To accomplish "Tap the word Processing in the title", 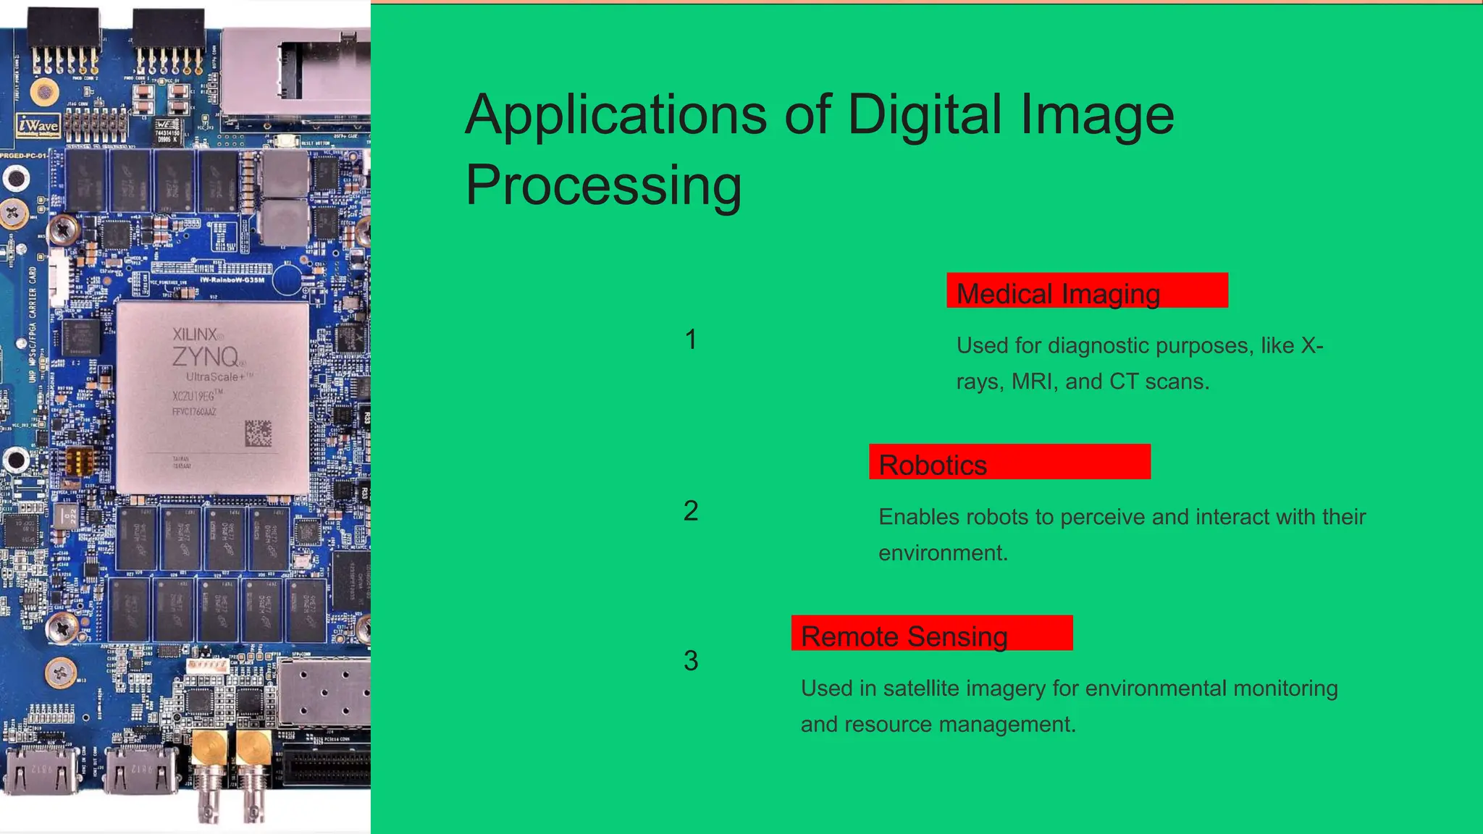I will point(603,185).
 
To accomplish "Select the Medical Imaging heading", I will point(1058,294).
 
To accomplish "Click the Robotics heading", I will point(933,465).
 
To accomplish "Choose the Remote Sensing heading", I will point(904,636).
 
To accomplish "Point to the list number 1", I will point(691,340).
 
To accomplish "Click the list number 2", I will point(691,511).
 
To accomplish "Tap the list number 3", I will point(691,660).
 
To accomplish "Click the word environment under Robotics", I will point(942,553).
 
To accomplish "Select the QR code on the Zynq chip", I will point(258,433).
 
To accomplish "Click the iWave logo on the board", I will point(38,126).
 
